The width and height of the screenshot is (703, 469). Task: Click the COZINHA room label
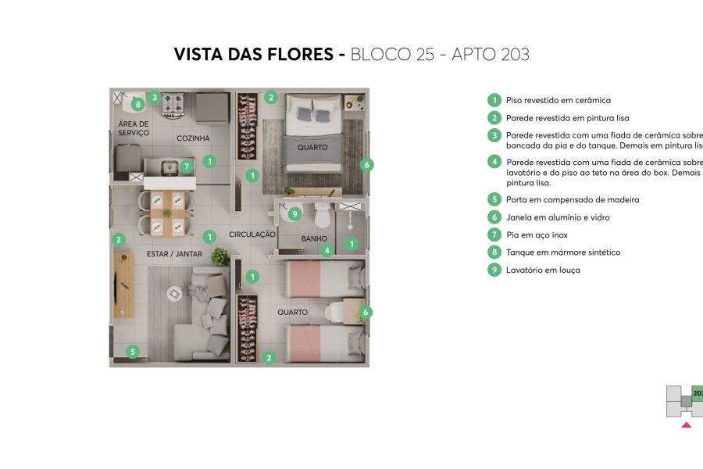pos(193,138)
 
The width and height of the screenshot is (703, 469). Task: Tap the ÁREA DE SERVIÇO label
pos(134,129)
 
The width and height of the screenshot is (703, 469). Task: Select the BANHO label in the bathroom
pos(313,239)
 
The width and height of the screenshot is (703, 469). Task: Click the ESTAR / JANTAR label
pos(174,254)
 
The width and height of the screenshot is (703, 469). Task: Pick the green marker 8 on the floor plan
pos(138,103)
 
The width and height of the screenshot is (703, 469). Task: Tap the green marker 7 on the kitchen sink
pos(186,166)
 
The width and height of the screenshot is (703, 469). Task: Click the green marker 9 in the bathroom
pos(294,213)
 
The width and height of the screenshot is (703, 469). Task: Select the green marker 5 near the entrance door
pos(133,352)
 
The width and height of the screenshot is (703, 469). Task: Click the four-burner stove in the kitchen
pos(172,102)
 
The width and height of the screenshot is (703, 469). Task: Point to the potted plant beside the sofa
pos(219,256)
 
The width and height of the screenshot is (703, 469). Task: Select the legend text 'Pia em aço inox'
pos(537,235)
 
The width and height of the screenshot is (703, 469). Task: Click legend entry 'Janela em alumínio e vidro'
pos(558,217)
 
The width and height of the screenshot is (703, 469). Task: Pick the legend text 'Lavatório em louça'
pos(543,270)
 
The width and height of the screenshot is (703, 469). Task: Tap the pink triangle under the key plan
pos(686,425)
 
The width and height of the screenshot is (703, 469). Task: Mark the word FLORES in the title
pos(303,55)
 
